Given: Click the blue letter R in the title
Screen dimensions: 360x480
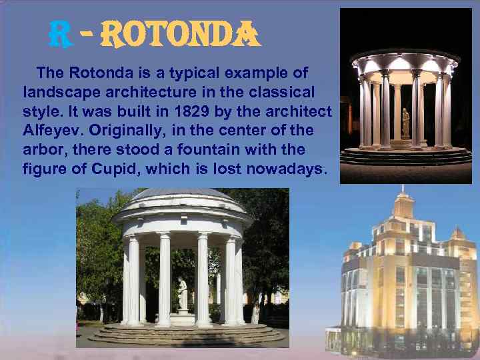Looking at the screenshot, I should click(x=62, y=35).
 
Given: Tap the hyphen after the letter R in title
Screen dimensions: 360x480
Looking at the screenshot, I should click(x=86, y=34).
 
